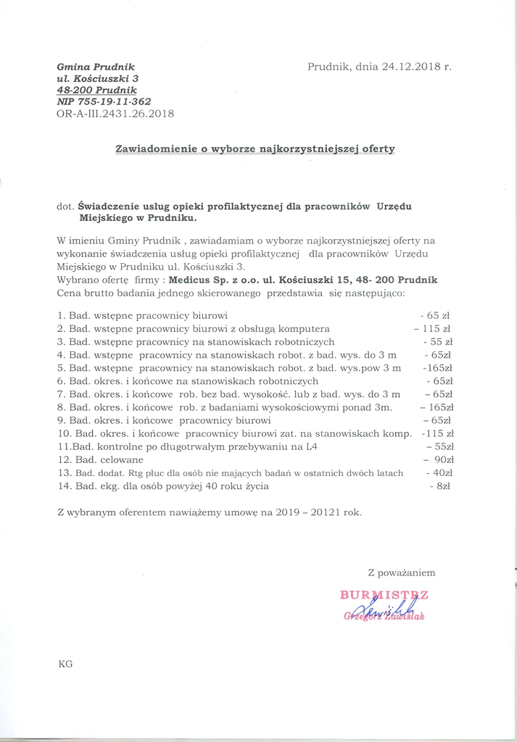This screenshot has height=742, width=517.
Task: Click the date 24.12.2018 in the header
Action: pos(399,67)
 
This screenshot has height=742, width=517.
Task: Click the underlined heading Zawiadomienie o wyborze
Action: pos(255,149)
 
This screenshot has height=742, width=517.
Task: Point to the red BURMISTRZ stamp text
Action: pos(384,596)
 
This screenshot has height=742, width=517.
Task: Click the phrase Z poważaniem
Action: pos(401,572)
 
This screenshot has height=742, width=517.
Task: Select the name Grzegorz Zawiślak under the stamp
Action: pos(384,617)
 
